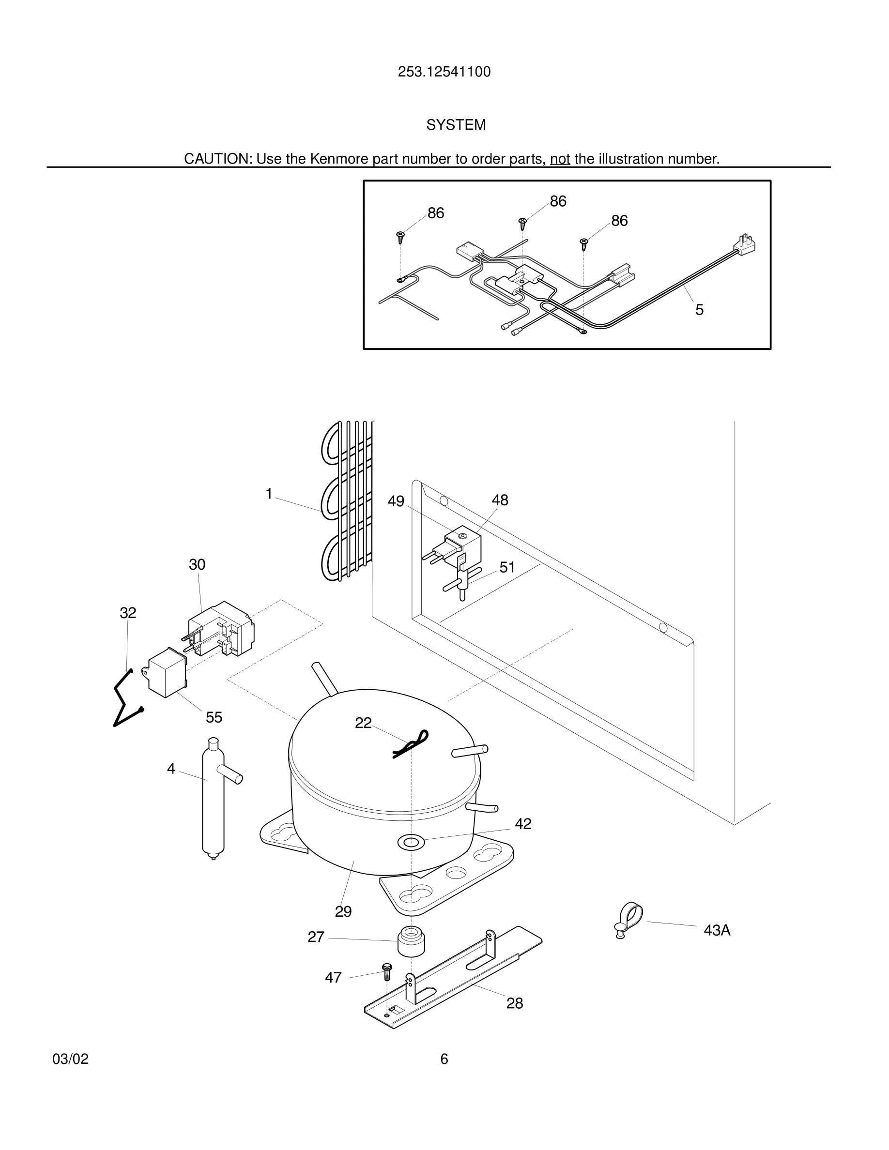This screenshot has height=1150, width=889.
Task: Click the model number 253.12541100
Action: tap(444, 72)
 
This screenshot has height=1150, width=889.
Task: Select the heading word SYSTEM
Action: tap(456, 125)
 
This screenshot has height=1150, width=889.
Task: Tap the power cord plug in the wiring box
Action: tap(745, 245)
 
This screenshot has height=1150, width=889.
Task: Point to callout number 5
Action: tap(699, 310)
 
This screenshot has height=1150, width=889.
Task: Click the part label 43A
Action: tap(717, 930)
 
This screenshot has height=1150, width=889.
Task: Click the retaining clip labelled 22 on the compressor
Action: tap(411, 743)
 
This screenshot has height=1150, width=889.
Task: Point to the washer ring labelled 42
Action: tap(410, 842)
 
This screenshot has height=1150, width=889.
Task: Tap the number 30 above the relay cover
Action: tap(197, 564)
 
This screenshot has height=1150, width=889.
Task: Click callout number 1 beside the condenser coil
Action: tap(269, 494)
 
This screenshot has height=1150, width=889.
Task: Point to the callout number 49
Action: tap(396, 501)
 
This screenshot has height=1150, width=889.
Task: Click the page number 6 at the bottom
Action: tap(444, 1059)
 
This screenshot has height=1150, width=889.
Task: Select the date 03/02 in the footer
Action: tap(71, 1059)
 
